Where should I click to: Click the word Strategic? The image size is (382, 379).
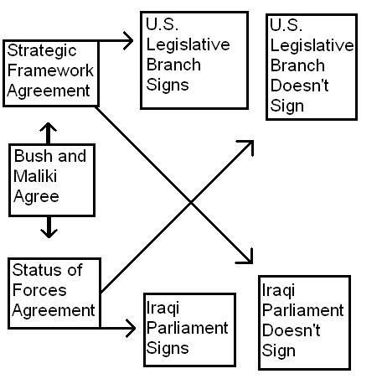pyautogui.click(x=42, y=52)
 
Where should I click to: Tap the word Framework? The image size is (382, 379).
pyautogui.click(x=50, y=70)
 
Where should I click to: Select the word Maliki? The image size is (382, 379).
pyautogui.click(x=35, y=176)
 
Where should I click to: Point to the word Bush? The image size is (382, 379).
pyautogui.click(x=33, y=156)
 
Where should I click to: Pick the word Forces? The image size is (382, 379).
pyautogui.click(x=39, y=290)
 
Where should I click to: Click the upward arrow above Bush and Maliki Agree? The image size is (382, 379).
pyautogui.click(x=48, y=133)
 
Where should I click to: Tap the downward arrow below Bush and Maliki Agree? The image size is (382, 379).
pyautogui.click(x=49, y=227)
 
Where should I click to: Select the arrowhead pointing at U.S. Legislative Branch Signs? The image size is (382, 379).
pyautogui.click(x=128, y=41)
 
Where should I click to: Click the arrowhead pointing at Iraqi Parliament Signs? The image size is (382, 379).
pyautogui.click(x=131, y=328)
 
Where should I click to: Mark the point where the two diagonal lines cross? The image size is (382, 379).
pyautogui.click(x=191, y=202)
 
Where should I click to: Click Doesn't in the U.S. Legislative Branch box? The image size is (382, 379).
pyautogui.click(x=299, y=86)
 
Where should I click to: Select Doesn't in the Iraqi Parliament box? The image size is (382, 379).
pyautogui.click(x=291, y=330)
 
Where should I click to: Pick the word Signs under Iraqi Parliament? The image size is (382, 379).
pyautogui.click(x=168, y=349)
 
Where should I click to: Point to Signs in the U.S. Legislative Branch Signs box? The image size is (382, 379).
pyautogui.click(x=168, y=85)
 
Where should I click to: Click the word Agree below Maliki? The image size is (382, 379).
pyautogui.click(x=36, y=197)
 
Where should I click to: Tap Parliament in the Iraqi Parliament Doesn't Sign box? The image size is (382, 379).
pyautogui.click(x=303, y=310)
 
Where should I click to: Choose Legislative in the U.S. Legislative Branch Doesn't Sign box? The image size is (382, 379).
pyautogui.click(x=312, y=45)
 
